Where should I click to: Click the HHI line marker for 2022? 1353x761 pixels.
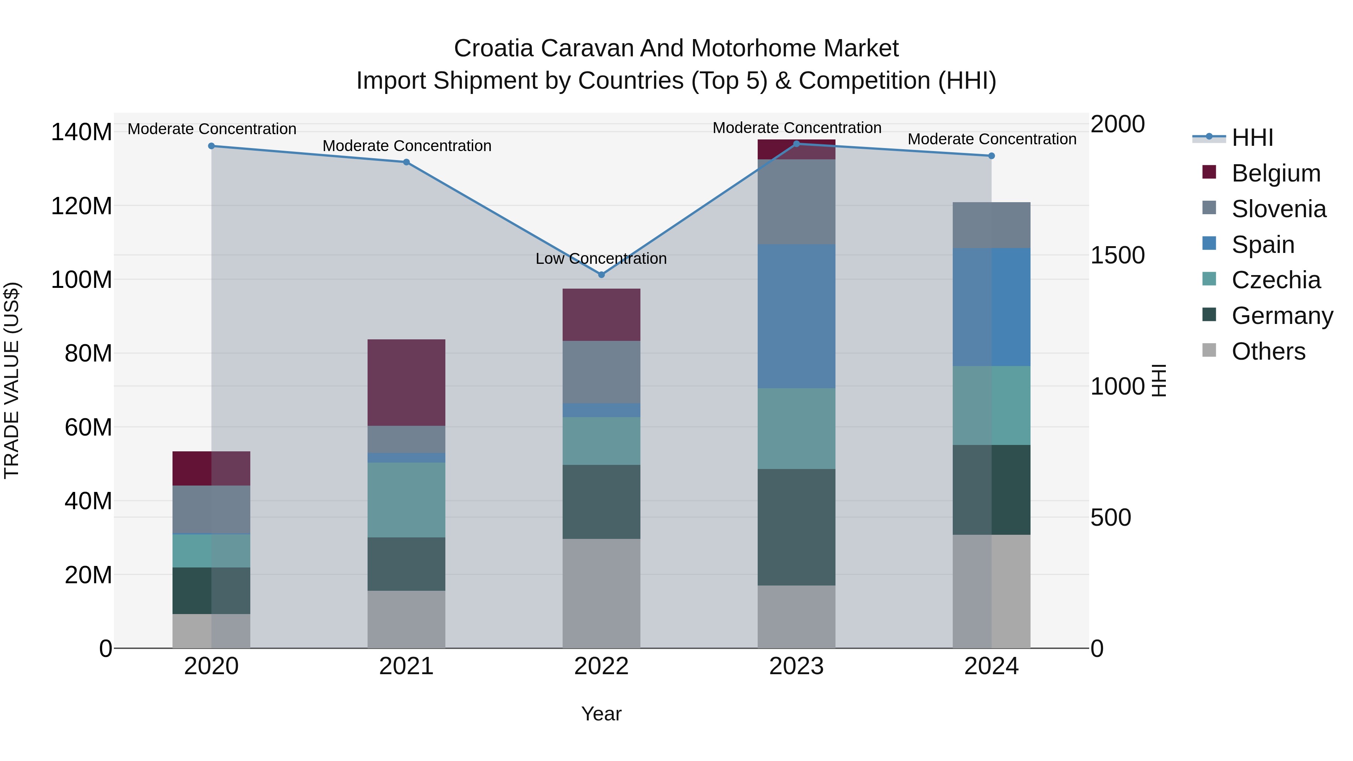pyautogui.click(x=601, y=275)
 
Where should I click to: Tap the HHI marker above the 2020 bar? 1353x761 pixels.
pyautogui.click(x=211, y=146)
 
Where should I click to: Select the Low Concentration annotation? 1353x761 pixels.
pyautogui.click(x=601, y=259)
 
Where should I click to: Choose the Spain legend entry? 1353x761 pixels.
pyautogui.click(x=1263, y=245)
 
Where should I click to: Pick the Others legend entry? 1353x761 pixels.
pyautogui.click(x=1268, y=351)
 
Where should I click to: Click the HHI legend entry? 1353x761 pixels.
pyautogui.click(x=1252, y=138)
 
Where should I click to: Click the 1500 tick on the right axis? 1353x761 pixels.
pyautogui.click(x=1117, y=255)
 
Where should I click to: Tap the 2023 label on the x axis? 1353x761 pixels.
pyautogui.click(x=796, y=666)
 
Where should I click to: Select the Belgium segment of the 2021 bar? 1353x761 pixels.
pyautogui.click(x=406, y=382)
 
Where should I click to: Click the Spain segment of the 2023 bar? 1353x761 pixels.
pyautogui.click(x=796, y=316)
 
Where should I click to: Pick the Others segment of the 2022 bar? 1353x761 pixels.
pyautogui.click(x=601, y=593)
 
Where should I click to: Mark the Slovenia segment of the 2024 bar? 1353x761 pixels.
pyautogui.click(x=991, y=225)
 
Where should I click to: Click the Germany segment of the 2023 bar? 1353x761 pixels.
pyautogui.click(x=796, y=527)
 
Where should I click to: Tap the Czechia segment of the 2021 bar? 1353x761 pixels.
pyautogui.click(x=406, y=499)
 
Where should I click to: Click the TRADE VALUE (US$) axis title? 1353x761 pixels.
pyautogui.click(x=12, y=380)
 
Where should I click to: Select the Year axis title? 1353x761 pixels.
pyautogui.click(x=601, y=714)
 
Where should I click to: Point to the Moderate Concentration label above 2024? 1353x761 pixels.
pyautogui.click(x=992, y=139)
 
